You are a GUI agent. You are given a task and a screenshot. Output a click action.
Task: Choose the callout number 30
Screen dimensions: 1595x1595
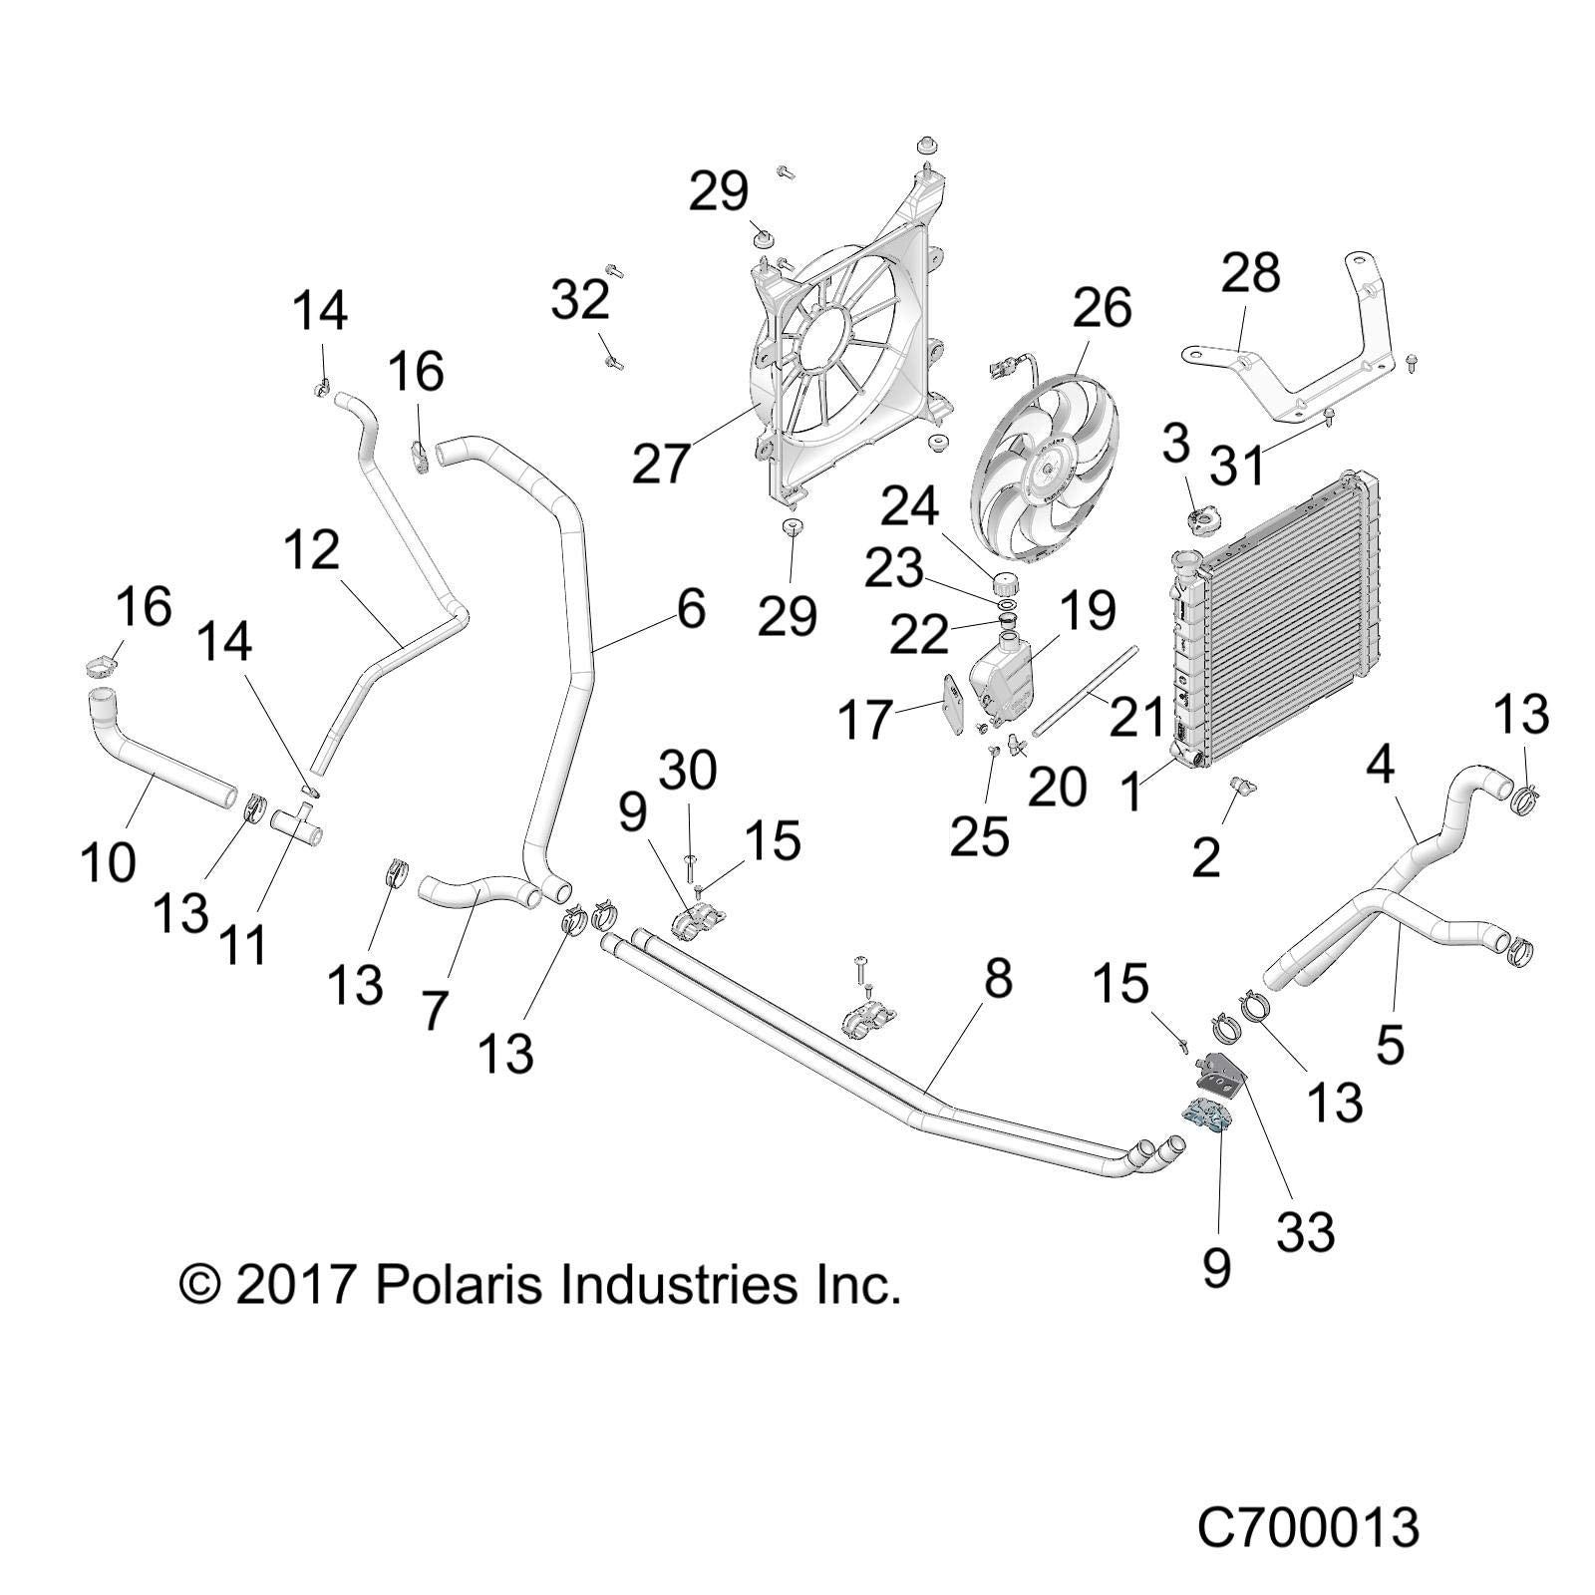click(689, 771)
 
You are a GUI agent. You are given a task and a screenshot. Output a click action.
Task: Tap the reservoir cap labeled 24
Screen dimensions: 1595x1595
click(1005, 580)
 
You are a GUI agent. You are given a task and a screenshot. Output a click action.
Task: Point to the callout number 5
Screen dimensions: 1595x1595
click(1390, 1043)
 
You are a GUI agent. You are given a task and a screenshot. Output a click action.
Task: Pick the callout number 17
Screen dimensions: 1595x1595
click(863, 719)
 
